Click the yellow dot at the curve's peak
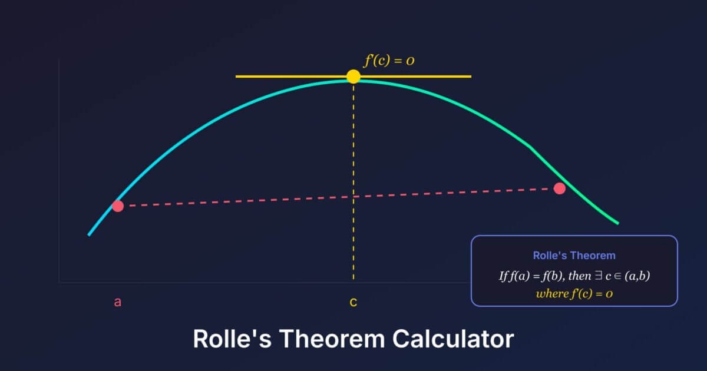[x=353, y=77]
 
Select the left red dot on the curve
[x=118, y=206]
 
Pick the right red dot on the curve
[x=560, y=188]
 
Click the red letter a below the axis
[x=117, y=302]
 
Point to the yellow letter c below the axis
[x=353, y=303]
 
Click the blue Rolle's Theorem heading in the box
[x=574, y=256]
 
